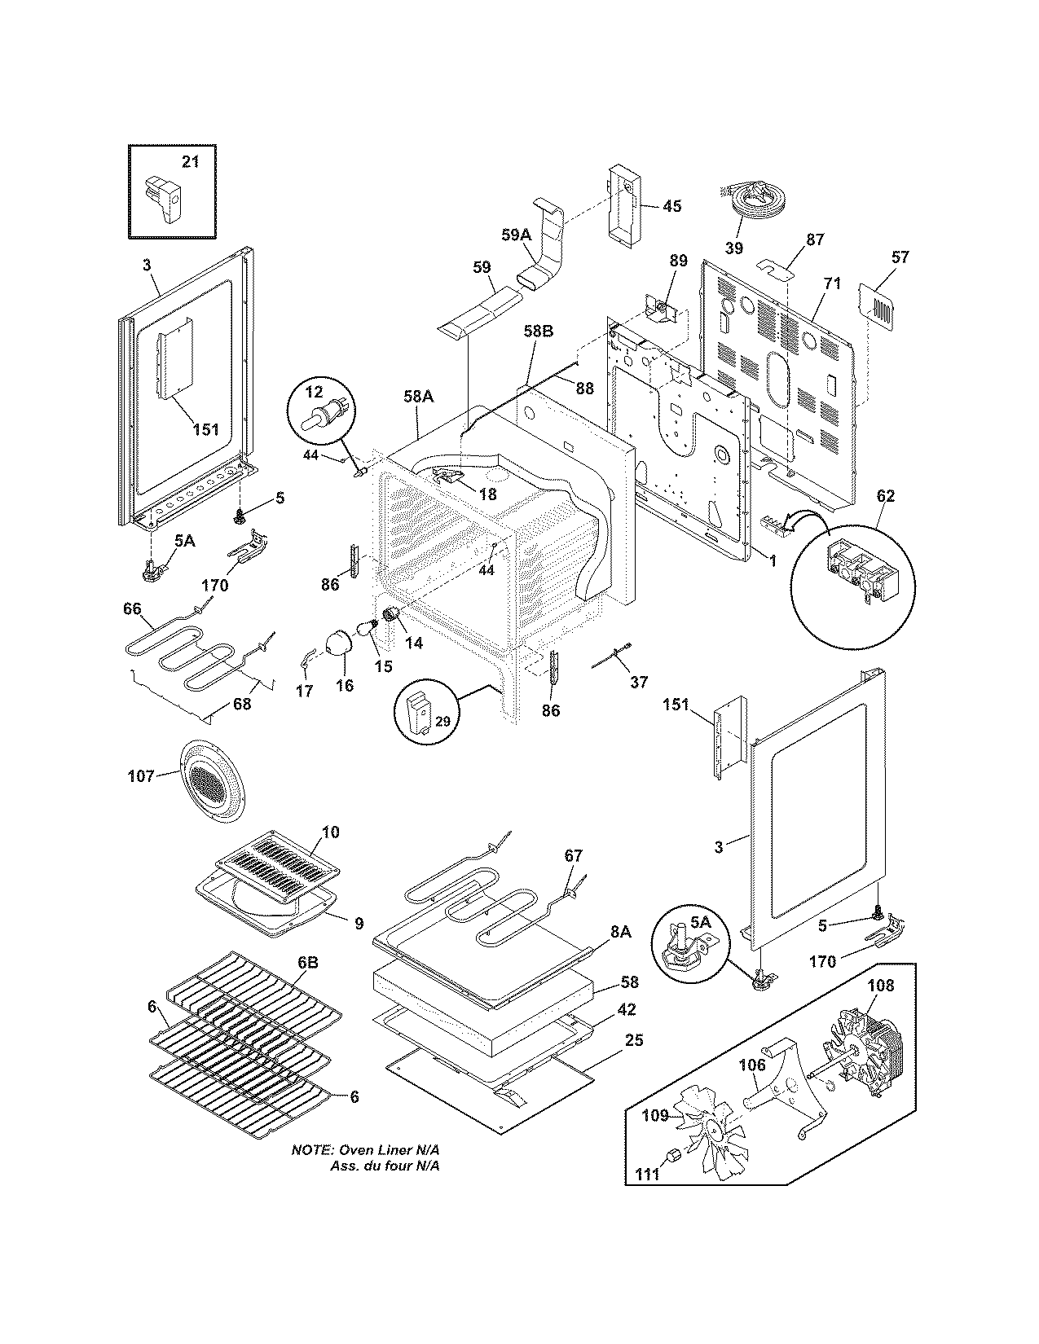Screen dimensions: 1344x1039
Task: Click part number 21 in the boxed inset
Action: [x=189, y=162]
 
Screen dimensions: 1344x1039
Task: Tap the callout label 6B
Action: [x=307, y=962]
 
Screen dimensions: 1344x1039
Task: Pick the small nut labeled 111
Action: [x=674, y=1155]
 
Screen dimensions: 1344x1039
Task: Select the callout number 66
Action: [x=132, y=608]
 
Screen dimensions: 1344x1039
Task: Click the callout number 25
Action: [x=635, y=1040]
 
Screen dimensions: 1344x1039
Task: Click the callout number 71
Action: [x=831, y=306]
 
